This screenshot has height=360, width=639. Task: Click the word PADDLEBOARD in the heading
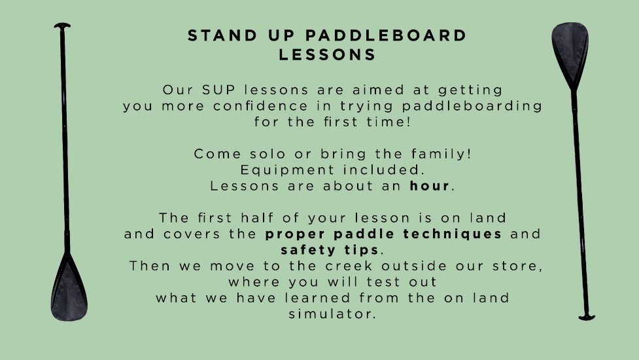[x=385, y=35]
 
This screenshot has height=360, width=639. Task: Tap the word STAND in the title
[x=222, y=35]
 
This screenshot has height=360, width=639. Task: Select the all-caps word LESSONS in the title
[x=327, y=54]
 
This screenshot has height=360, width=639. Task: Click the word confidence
[x=260, y=106]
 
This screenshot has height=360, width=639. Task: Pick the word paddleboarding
[x=472, y=106]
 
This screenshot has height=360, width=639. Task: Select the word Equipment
[x=287, y=170]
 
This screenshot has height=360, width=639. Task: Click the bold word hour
[x=429, y=186]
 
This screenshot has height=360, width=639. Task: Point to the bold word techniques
[x=453, y=234]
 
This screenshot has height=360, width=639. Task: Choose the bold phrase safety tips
[x=330, y=249]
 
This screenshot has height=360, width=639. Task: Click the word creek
[x=349, y=266]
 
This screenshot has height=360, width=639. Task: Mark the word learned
[x=317, y=298]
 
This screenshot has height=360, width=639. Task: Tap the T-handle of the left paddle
[x=62, y=26]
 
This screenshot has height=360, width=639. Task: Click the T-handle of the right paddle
[x=587, y=317]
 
